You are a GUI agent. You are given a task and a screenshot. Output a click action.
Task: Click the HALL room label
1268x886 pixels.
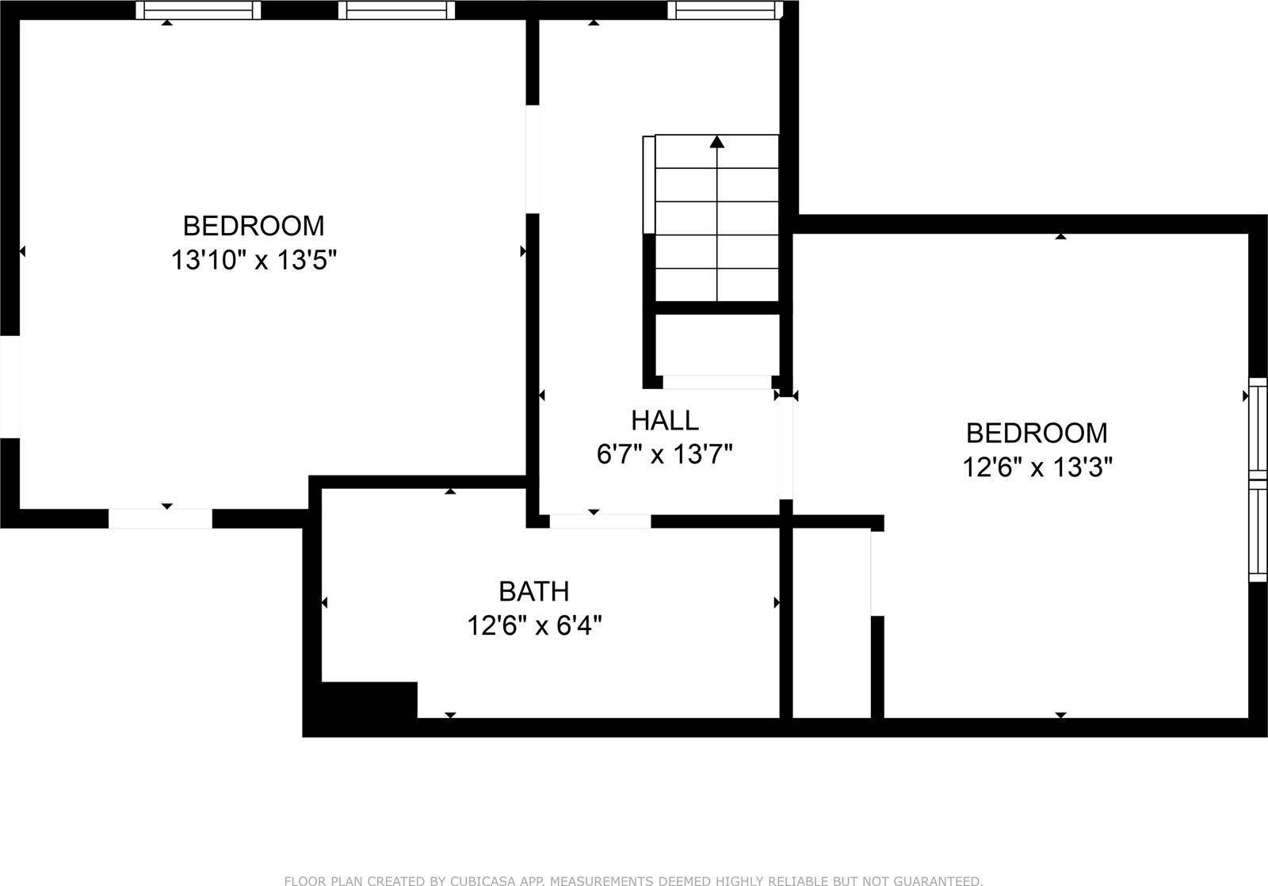(664, 420)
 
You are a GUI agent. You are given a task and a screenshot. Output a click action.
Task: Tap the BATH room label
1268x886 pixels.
(533, 591)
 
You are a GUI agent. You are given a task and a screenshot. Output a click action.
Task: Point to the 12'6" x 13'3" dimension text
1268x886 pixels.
(1037, 468)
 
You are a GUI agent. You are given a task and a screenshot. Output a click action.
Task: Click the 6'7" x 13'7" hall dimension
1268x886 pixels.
(664, 455)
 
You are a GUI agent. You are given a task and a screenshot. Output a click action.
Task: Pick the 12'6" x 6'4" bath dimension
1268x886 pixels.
(533, 626)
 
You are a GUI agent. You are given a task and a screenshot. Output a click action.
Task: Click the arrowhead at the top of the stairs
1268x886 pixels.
(717, 142)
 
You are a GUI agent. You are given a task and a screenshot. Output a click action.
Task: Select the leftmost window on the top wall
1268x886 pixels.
(198, 10)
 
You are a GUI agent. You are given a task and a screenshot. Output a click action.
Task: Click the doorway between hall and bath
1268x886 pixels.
(600, 521)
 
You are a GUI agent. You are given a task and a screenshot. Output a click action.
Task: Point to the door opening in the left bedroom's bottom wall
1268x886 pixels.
(160, 518)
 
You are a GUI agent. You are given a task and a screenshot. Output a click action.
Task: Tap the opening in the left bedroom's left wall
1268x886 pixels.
(10, 387)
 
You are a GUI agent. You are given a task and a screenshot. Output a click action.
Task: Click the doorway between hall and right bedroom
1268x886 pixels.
(785, 448)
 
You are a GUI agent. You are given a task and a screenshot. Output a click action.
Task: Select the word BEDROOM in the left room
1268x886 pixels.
(254, 226)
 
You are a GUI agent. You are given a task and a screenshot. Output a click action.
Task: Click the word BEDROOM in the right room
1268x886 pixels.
(1037, 433)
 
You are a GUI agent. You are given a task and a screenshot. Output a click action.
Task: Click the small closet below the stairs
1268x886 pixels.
(716, 345)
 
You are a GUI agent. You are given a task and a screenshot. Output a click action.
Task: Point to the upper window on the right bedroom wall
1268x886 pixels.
(1258, 428)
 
